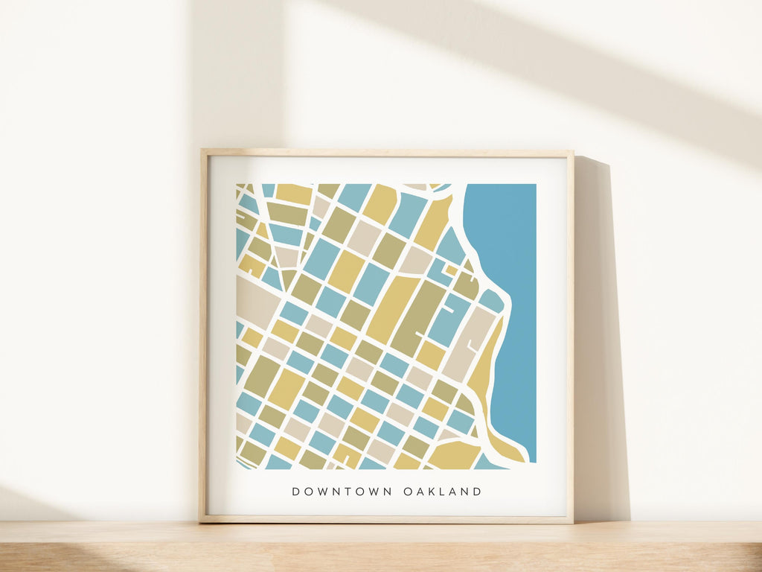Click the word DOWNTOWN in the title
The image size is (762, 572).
coord(343,492)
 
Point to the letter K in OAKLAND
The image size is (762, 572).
coord(430,492)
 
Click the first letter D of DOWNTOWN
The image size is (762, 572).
coord(296,492)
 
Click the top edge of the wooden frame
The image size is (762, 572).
coord(387,153)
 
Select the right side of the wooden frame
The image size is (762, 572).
coord(570,335)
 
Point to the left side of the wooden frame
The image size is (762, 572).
coord(203,335)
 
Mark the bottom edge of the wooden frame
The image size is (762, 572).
coord(387,519)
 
